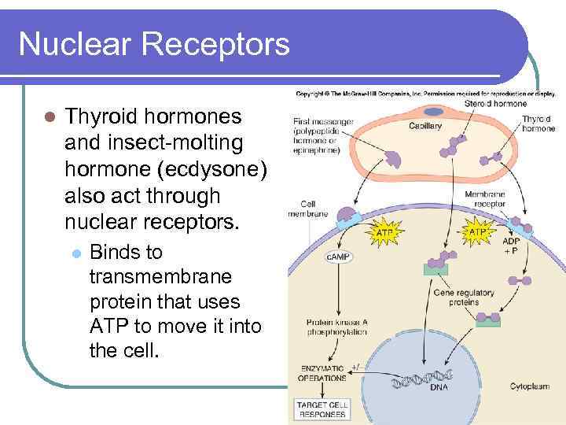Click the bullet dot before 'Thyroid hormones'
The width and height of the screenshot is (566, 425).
click(x=49, y=117)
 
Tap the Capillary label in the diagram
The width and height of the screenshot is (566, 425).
click(x=425, y=126)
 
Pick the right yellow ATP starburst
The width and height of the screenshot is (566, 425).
click(x=479, y=232)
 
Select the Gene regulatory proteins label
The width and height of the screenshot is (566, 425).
click(x=464, y=297)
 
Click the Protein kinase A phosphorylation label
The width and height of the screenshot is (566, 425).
click(x=336, y=327)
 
